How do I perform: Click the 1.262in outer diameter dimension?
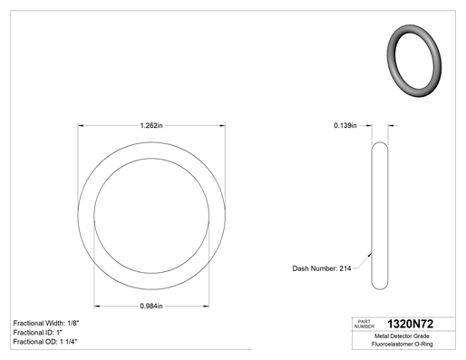[151, 125]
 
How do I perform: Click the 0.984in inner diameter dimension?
[151, 306]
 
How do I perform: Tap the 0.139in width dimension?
[345, 125]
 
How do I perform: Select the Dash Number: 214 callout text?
[322, 268]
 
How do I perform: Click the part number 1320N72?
[410, 324]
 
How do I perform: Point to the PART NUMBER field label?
[364, 324]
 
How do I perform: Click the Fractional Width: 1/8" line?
[46, 323]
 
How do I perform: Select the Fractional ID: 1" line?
[38, 333]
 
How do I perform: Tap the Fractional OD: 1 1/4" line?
[45, 342]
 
